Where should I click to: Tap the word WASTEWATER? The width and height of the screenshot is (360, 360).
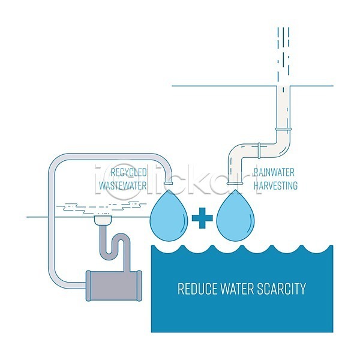tap(123, 185)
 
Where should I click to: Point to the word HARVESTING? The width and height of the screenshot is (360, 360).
tap(275, 185)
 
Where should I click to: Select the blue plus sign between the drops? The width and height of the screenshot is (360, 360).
tap(203, 218)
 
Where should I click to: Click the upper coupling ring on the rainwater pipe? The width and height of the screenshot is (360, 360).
tap(283, 129)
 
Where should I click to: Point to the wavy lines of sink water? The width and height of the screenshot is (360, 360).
tap(102, 206)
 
